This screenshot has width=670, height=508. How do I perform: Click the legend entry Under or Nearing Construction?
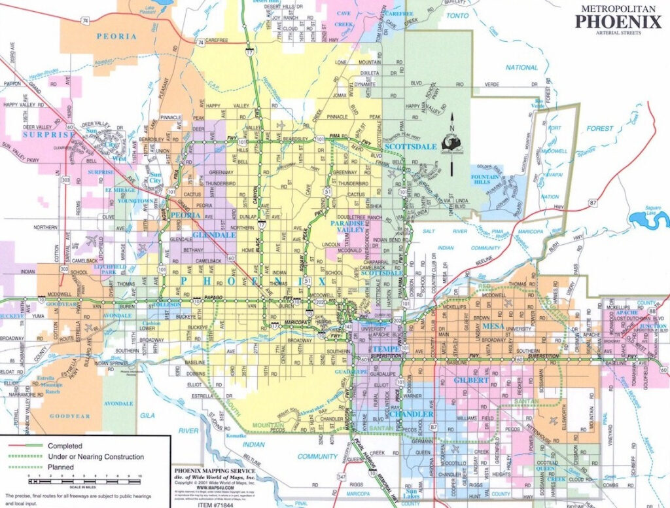[92, 456]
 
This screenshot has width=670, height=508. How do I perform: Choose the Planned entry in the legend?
[60, 467]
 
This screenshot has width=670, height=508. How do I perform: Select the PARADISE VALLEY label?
[347, 226]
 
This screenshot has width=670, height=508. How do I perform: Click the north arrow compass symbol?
[451, 144]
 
